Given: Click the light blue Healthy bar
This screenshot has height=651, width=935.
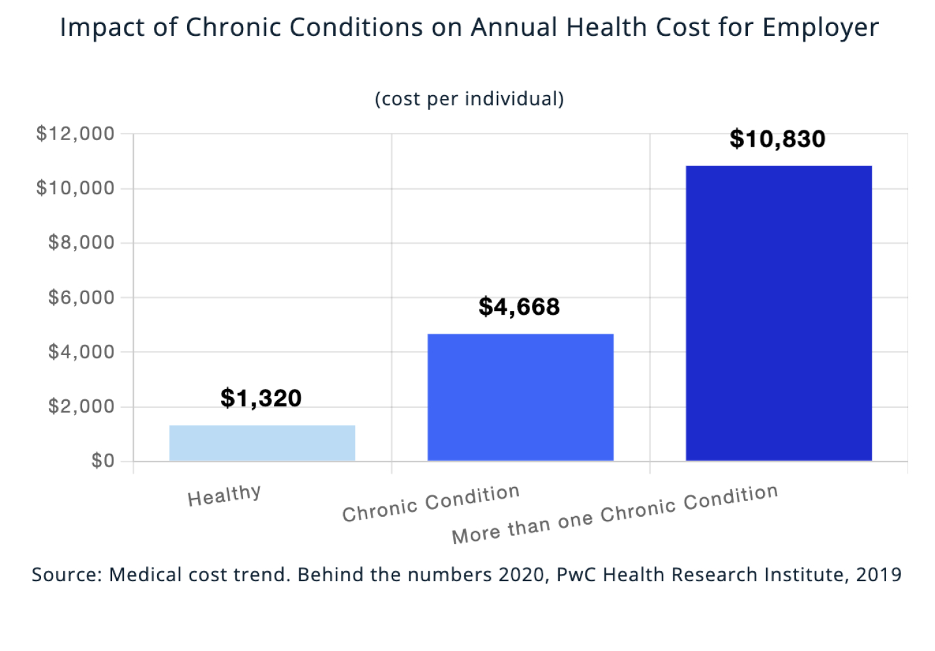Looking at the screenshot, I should click(262, 443).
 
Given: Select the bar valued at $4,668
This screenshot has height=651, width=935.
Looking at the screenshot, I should click(520, 398).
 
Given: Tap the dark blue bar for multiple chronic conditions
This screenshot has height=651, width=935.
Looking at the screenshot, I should click(779, 313).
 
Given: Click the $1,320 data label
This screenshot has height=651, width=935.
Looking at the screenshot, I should click(261, 398).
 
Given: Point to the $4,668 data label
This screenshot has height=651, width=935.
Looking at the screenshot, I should click(519, 307).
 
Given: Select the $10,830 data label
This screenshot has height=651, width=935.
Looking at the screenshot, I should click(777, 139).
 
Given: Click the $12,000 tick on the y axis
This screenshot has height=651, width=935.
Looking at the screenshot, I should click(75, 134).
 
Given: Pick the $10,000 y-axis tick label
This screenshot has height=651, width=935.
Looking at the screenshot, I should click(75, 188).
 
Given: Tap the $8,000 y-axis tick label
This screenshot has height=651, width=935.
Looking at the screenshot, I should click(81, 242).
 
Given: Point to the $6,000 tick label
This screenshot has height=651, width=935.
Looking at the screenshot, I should click(81, 297).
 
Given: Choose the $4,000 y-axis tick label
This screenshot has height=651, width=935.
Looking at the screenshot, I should click(81, 352).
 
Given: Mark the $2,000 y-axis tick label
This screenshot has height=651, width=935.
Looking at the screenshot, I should click(81, 407).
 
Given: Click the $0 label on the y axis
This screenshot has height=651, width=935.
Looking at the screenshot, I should click(102, 461).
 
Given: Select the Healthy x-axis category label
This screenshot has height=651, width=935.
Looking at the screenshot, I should click(224, 495).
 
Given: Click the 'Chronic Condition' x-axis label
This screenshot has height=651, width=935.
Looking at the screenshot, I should click(431, 503).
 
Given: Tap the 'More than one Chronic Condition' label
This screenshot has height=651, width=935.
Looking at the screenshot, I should click(615, 514).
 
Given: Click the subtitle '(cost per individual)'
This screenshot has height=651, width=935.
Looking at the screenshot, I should click(469, 99).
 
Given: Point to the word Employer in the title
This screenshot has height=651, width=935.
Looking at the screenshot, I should click(820, 28).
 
